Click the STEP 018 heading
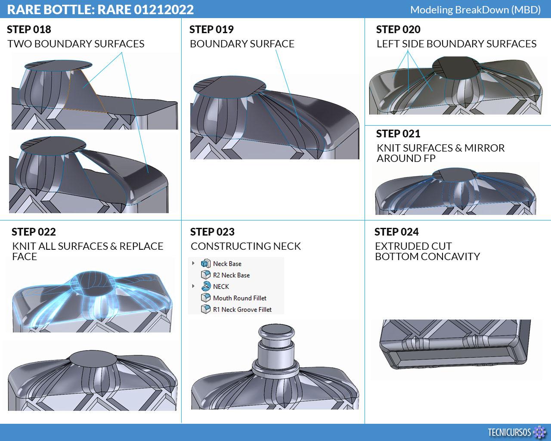click(x=29, y=29)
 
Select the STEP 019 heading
click(x=211, y=29)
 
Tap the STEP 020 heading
click(x=398, y=29)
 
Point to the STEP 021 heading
click(x=398, y=134)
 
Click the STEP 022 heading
click(x=34, y=232)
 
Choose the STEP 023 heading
click(x=212, y=232)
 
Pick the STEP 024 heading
click(x=396, y=232)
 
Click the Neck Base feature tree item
click(x=227, y=264)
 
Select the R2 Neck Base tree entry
click(x=231, y=275)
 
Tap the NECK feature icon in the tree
click(x=206, y=286)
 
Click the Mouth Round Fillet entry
click(x=240, y=298)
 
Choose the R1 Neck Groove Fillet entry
click(x=242, y=310)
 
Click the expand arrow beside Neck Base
click(x=193, y=263)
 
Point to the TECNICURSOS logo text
click(x=509, y=432)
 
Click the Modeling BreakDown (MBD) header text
click(x=476, y=10)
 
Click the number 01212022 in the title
click(x=164, y=10)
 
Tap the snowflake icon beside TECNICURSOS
click(x=539, y=432)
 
